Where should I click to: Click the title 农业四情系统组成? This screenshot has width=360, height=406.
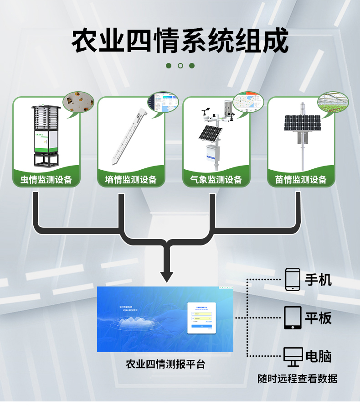click(x=180, y=41)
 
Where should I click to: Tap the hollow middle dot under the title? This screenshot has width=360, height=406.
click(x=180, y=66)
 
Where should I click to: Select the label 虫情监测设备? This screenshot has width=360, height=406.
click(x=46, y=179)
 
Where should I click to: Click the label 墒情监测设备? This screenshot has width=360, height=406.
click(x=131, y=179)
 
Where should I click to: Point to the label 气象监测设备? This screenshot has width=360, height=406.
click(x=216, y=179)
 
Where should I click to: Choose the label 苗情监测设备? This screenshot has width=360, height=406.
click(x=301, y=179)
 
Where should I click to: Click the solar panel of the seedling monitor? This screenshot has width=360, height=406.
click(x=302, y=122)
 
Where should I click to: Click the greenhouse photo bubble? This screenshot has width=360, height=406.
click(x=333, y=102)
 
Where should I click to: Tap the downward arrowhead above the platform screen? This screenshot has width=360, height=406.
click(x=167, y=276)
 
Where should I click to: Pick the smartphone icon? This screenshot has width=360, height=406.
click(x=293, y=279)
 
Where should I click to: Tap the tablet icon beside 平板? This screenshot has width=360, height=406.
click(x=293, y=318)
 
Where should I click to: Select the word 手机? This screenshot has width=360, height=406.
click(x=319, y=280)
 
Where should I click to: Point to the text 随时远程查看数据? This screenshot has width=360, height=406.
click(x=297, y=379)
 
